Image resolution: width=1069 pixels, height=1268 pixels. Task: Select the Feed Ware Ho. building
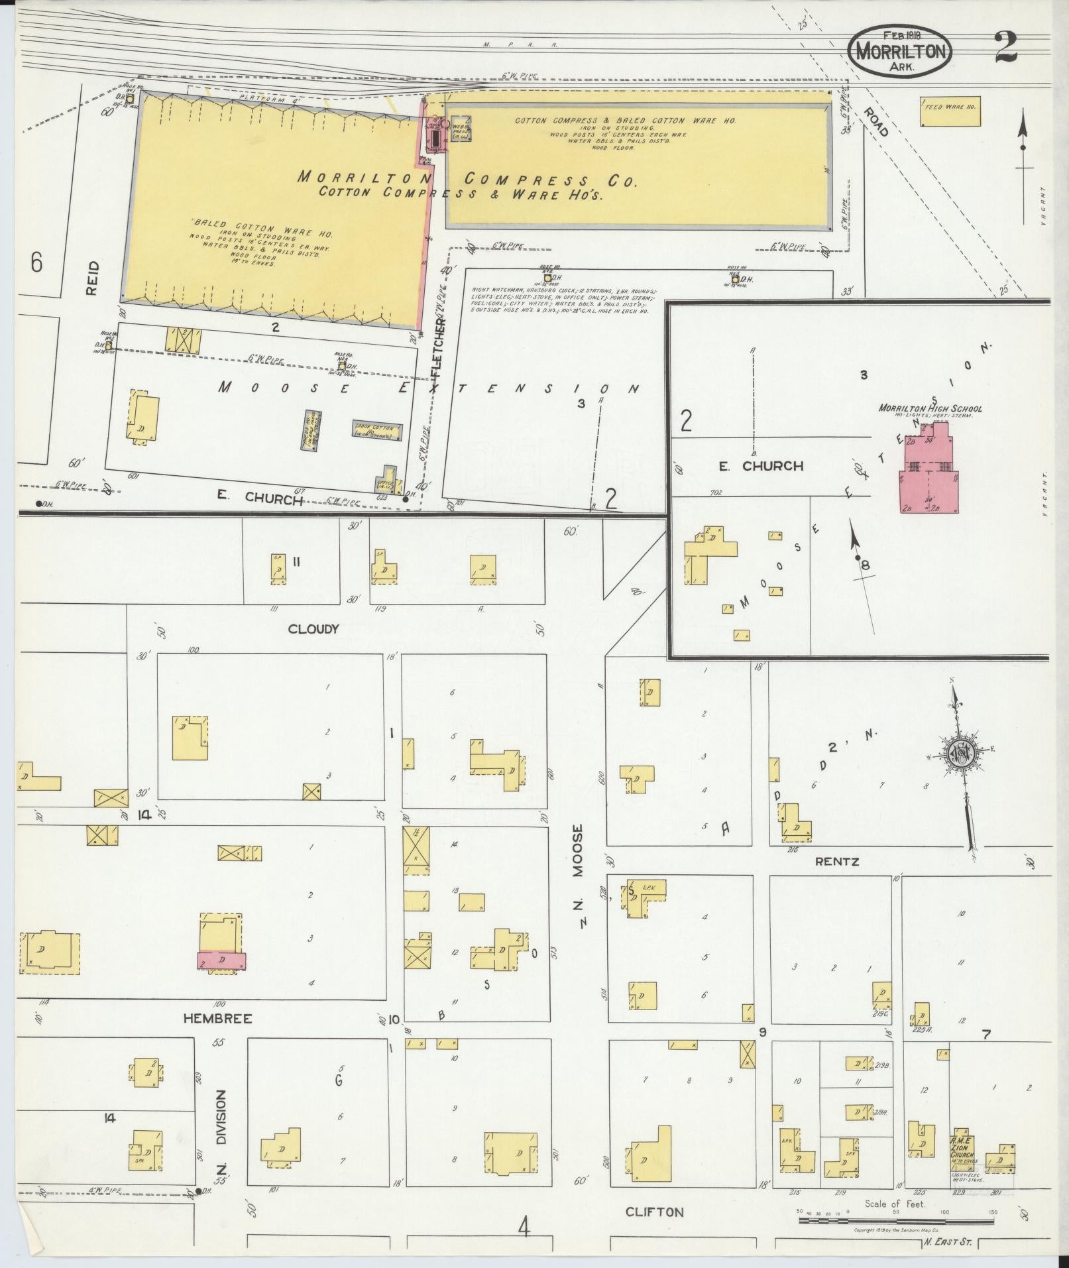[x=950, y=111]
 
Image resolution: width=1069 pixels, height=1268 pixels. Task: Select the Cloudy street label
[x=313, y=628]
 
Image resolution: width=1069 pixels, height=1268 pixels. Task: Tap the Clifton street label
[x=654, y=1212]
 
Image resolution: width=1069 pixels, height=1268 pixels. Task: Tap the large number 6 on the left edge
[x=36, y=263]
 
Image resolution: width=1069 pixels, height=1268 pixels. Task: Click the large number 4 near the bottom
[x=524, y=1228]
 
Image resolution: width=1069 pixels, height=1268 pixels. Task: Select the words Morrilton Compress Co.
[x=464, y=179]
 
